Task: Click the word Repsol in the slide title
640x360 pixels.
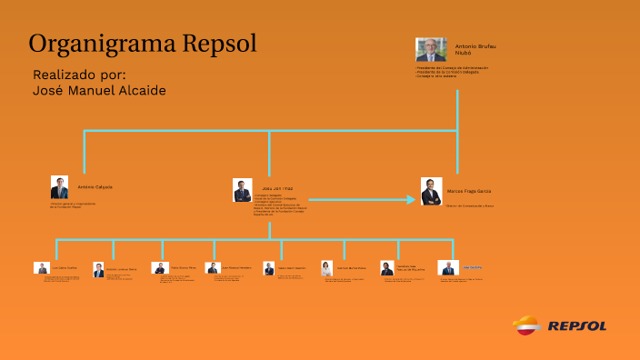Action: (x=219, y=43)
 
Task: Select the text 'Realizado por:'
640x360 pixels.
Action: (x=79, y=74)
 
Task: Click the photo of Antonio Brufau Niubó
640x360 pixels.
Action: (x=431, y=50)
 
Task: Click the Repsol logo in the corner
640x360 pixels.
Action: (x=560, y=325)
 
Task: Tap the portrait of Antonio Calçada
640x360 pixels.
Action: (x=59, y=187)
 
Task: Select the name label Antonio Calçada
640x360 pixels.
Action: (x=95, y=186)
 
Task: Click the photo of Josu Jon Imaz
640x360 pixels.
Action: (x=242, y=189)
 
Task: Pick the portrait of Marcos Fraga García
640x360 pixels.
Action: (x=431, y=191)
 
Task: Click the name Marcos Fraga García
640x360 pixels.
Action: (x=469, y=191)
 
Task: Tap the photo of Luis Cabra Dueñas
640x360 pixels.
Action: (x=41, y=268)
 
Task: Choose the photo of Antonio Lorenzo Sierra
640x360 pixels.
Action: (x=98, y=270)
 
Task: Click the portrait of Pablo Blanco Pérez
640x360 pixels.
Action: (x=159, y=268)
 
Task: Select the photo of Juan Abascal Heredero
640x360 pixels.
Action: (x=213, y=268)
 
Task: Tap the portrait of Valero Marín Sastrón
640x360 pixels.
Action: (x=269, y=268)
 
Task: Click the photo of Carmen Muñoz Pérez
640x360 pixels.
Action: (x=326, y=268)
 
